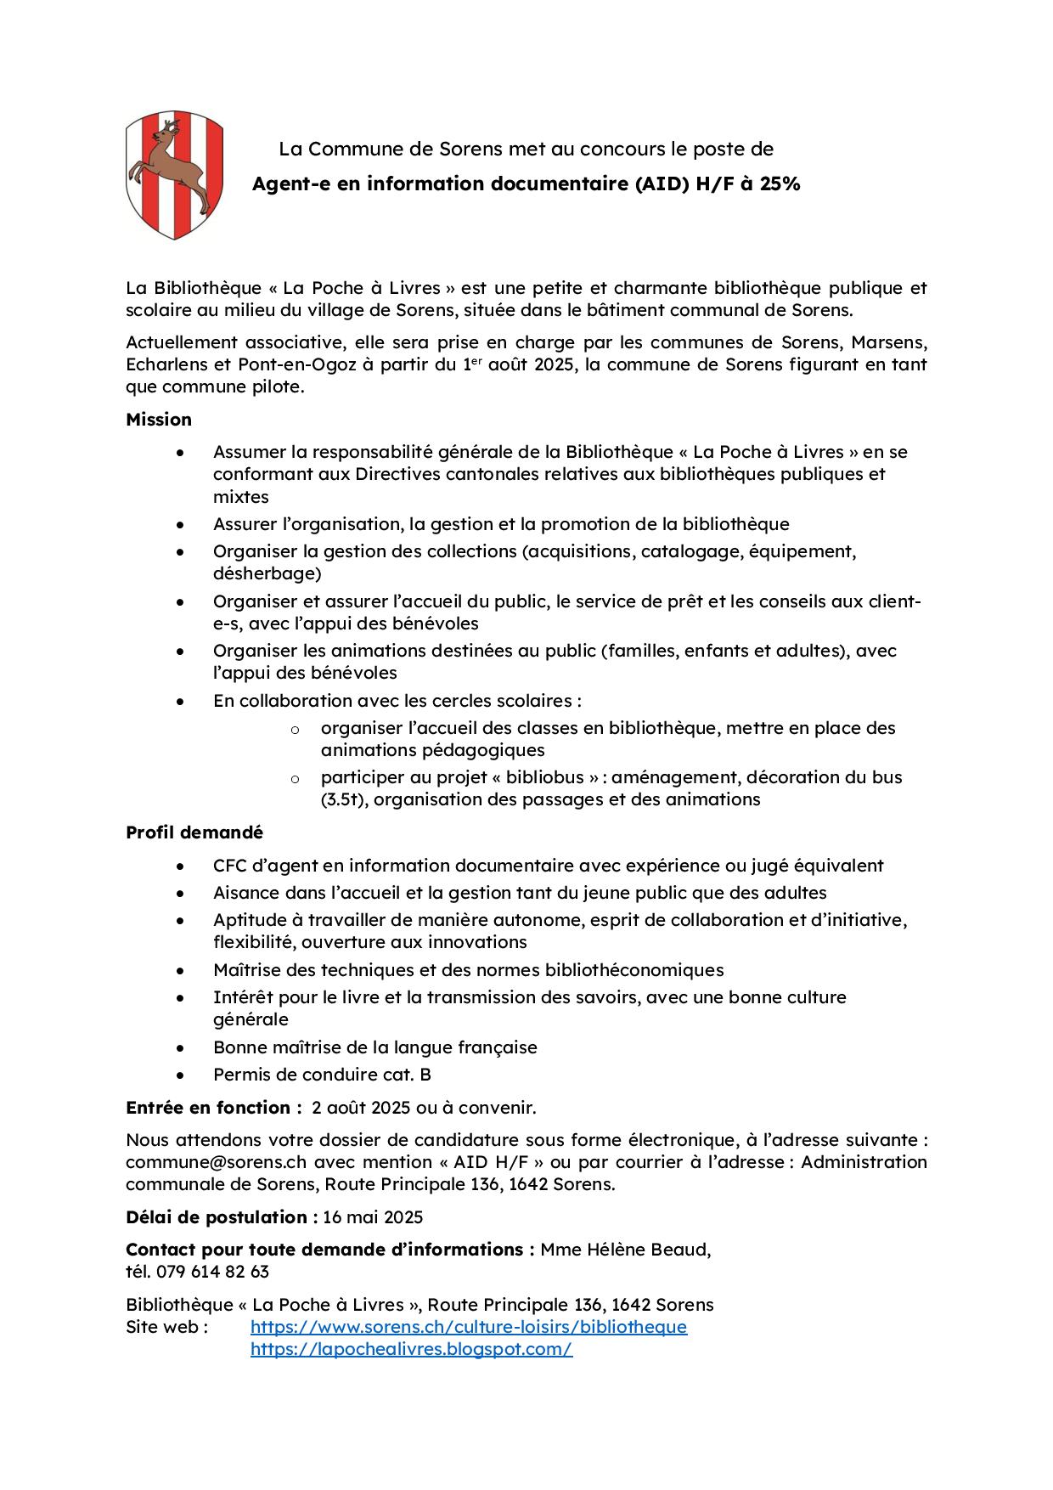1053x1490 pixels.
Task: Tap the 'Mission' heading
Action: click(x=159, y=420)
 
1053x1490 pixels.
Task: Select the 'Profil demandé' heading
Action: click(x=194, y=832)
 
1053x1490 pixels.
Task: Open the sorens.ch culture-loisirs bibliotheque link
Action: click(x=468, y=1327)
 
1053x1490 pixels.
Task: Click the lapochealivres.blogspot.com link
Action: click(x=411, y=1349)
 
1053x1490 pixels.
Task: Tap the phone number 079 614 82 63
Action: click(x=212, y=1272)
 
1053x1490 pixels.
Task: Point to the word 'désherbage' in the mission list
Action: click(x=267, y=573)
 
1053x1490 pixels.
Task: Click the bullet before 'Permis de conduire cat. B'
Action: click(x=180, y=1075)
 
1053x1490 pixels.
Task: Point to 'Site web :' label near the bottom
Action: click(x=166, y=1327)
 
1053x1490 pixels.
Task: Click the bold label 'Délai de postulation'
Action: click(x=217, y=1217)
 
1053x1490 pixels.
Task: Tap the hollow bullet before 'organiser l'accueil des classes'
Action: click(x=295, y=729)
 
